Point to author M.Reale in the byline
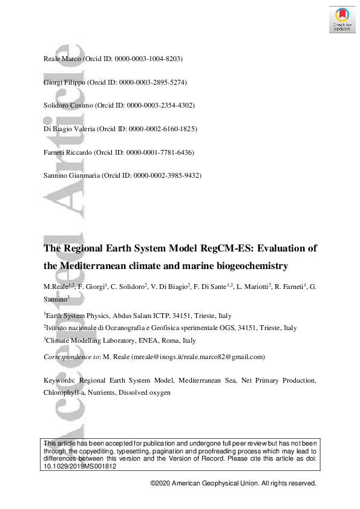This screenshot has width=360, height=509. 56,286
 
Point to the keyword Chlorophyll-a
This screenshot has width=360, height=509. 67,392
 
